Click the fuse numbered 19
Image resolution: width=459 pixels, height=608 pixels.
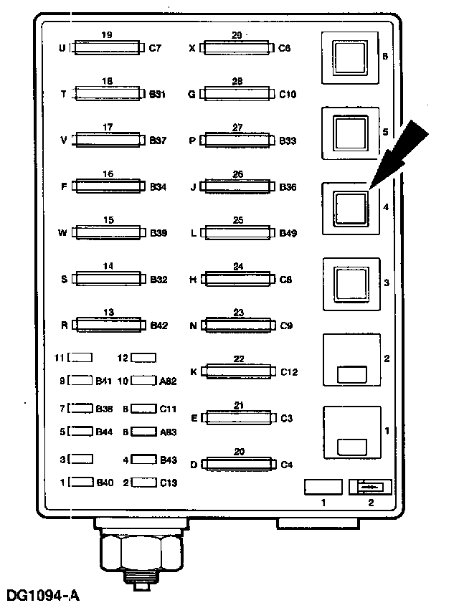click(x=108, y=49)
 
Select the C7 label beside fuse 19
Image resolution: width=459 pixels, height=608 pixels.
click(x=156, y=49)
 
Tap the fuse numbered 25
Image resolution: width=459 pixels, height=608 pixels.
click(x=238, y=233)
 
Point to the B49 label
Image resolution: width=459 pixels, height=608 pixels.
click(x=288, y=233)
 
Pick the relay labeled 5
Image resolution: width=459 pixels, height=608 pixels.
click(x=351, y=133)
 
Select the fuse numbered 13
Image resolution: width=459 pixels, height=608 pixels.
click(x=108, y=325)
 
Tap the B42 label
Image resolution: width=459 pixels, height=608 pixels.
click(x=158, y=325)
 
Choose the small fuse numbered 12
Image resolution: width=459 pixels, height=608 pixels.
click(x=144, y=357)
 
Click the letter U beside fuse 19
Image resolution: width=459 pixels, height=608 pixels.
click(x=62, y=49)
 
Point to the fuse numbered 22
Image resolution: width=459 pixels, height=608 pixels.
click(x=238, y=371)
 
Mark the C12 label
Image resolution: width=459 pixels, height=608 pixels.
click(x=289, y=371)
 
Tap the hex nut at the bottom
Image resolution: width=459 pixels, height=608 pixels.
click(x=141, y=551)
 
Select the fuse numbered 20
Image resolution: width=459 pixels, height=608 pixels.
click(x=238, y=464)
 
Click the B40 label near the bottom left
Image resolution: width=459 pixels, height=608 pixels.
click(x=105, y=483)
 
